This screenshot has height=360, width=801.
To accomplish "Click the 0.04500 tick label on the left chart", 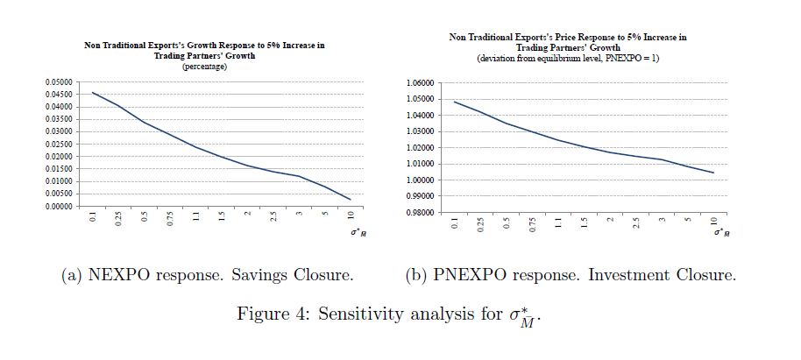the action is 60,95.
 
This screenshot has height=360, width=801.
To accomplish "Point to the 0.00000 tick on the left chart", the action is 60,207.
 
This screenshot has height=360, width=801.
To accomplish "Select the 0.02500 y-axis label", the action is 60,144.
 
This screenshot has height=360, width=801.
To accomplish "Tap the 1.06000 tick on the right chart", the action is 421,82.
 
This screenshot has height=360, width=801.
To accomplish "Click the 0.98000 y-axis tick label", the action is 421,213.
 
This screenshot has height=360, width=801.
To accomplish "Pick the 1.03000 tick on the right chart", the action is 421,131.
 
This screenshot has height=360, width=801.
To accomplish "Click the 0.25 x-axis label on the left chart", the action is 118,220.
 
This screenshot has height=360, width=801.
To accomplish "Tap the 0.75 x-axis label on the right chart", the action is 533,226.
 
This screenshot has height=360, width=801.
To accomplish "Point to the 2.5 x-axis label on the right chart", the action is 636,223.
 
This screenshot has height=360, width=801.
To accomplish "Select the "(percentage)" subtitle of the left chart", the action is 204,67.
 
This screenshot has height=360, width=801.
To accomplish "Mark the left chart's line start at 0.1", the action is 93,93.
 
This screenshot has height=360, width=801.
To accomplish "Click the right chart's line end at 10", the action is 713,173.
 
